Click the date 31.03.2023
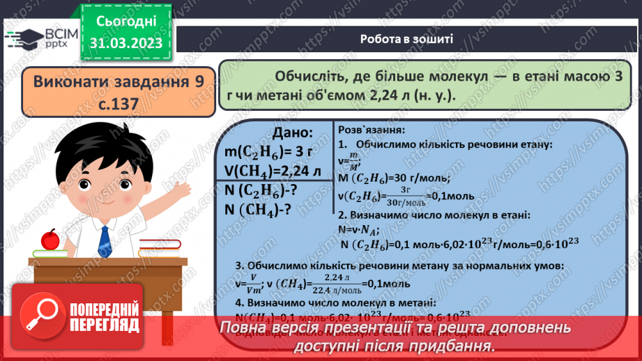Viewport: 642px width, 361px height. (125, 43)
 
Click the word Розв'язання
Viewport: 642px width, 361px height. (370, 130)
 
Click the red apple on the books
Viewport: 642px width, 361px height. (50, 239)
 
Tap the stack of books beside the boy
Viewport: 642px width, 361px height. (160, 247)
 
